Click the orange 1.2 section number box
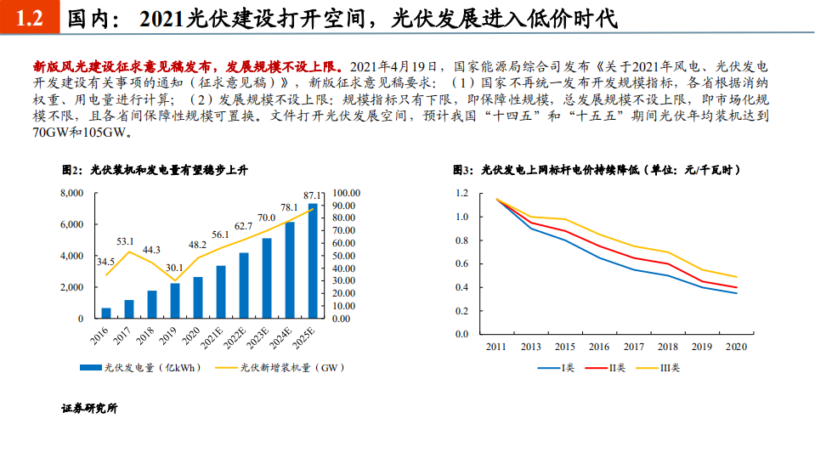30,19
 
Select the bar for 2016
106,313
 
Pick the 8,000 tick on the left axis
71,194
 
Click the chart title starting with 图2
154,171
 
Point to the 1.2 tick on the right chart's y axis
461,194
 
